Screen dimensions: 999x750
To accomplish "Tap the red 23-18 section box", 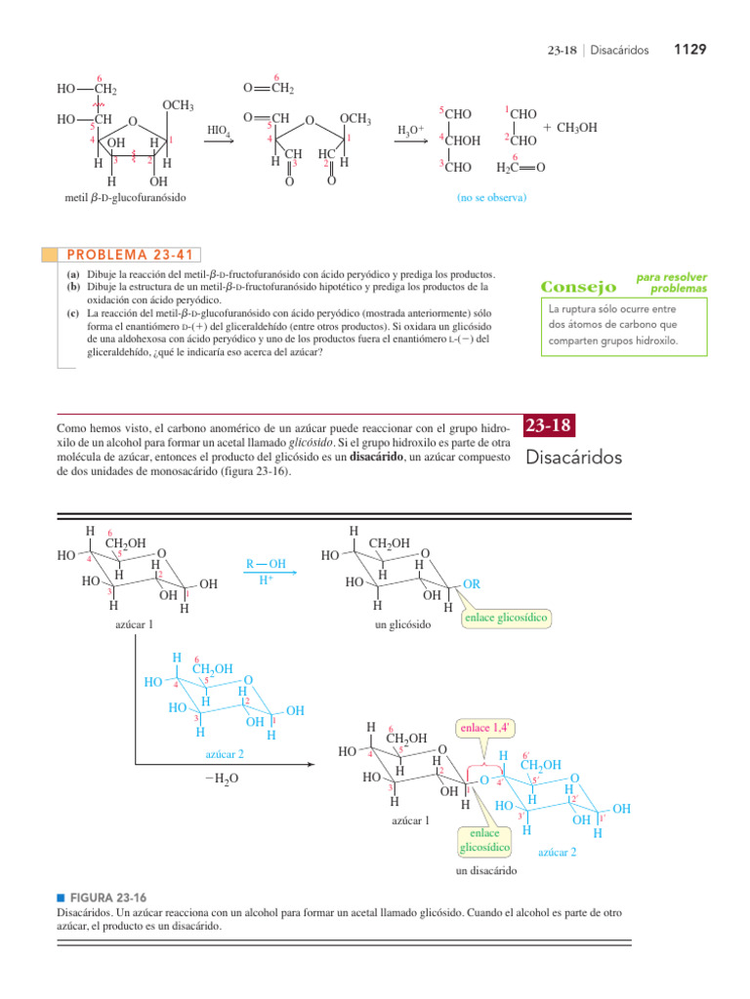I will (548, 425).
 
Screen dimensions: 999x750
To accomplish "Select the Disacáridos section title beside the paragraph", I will (573, 457).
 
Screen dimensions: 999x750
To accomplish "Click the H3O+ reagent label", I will (410, 130).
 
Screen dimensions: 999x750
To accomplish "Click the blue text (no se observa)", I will (491, 198).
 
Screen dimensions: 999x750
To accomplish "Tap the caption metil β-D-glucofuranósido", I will (123, 198).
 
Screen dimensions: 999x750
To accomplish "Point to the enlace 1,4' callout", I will (483, 728).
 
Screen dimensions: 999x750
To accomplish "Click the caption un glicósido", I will (402, 623).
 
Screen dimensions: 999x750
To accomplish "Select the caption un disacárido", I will (486, 870).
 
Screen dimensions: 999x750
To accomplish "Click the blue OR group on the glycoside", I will (471, 583).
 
